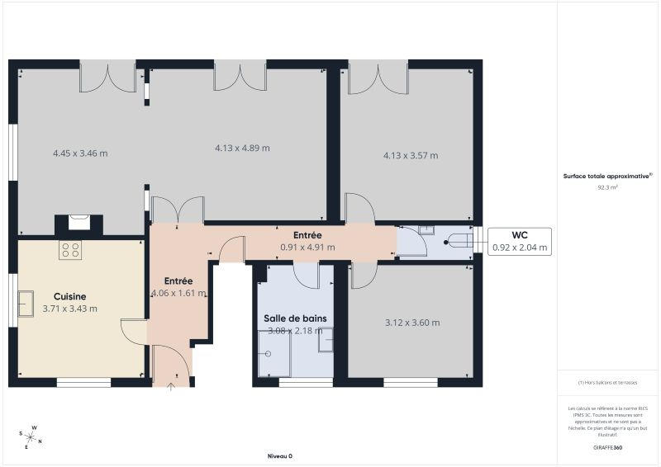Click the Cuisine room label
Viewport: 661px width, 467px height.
tap(70, 296)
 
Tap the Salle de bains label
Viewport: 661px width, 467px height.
tap(295, 318)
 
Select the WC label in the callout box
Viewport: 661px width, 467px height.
tap(520, 234)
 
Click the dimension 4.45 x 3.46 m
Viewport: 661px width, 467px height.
tap(80, 153)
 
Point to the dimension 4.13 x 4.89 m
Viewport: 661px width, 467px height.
tap(242, 148)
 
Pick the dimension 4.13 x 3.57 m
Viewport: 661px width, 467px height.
tap(410, 154)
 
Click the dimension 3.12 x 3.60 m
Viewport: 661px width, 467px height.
tap(412, 323)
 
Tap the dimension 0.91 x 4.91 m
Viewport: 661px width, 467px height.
tap(307, 247)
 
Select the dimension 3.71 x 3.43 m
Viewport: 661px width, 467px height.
tap(70, 309)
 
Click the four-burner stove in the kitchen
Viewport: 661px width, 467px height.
tap(70, 250)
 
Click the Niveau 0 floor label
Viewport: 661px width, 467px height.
tap(279, 456)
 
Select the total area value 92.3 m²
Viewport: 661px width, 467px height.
tap(607, 187)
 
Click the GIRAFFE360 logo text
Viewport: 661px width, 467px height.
tap(607, 446)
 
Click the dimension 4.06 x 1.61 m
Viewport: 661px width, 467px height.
tap(178, 293)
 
